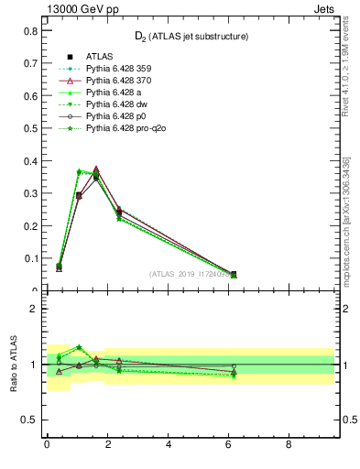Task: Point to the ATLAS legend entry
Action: [x=100, y=57]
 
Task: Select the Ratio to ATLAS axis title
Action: [x=16, y=363]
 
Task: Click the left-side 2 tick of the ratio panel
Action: [x=33, y=309]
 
